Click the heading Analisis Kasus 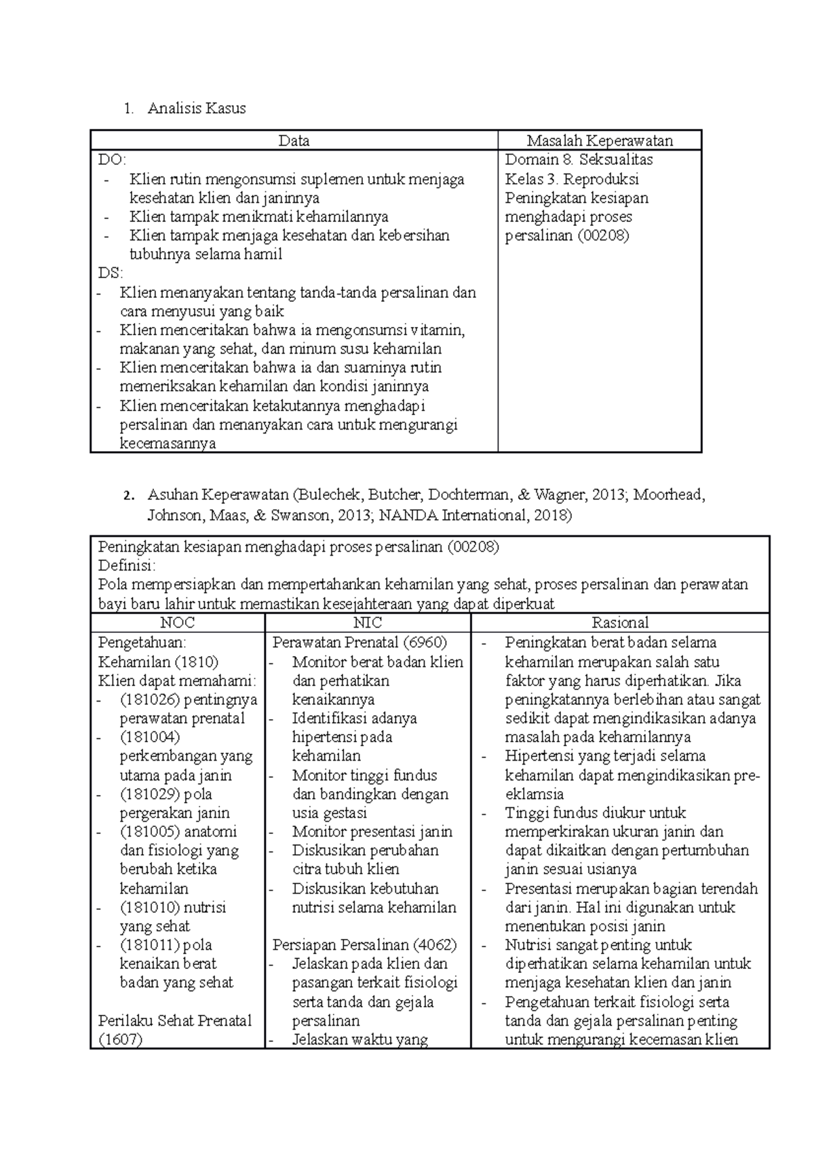coord(197,108)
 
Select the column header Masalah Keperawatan coord(600,140)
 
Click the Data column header coord(294,140)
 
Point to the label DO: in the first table coord(112,159)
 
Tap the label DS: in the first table coord(111,273)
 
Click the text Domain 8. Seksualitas coord(579,159)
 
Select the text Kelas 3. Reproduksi coord(572,179)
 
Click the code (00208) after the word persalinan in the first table coord(604,235)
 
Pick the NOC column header coord(177,623)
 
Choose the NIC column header coord(368,623)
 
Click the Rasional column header coord(620,623)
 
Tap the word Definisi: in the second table coord(127,565)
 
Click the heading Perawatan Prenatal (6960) coord(360,642)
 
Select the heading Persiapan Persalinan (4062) coord(364,944)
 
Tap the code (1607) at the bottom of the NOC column coord(120,1039)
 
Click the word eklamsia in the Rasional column coord(534,794)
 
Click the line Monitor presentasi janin coord(372,832)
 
